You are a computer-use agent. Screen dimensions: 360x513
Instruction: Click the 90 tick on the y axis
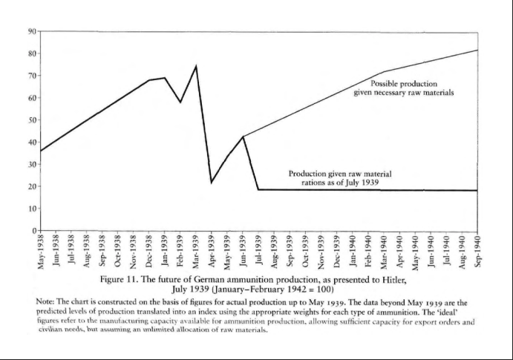click(32, 31)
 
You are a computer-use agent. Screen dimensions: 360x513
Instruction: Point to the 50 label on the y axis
click(32, 120)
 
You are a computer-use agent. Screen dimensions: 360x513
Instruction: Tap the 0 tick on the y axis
click(35, 230)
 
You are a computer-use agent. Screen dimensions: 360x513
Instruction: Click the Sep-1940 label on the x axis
click(477, 252)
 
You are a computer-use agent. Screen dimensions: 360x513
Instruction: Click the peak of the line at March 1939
click(196, 66)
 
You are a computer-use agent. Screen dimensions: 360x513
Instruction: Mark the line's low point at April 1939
click(212, 182)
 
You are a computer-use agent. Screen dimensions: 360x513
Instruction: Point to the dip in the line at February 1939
click(180, 102)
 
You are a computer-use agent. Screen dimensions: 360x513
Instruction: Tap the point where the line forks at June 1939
click(243, 137)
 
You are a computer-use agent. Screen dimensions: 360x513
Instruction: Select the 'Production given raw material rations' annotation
click(340, 178)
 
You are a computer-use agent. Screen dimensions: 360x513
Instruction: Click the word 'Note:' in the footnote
click(47, 304)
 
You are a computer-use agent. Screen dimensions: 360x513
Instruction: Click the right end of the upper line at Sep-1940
click(477, 50)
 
